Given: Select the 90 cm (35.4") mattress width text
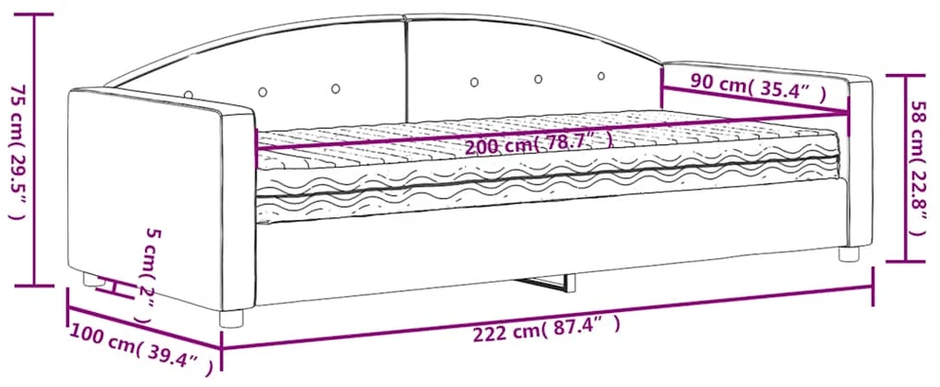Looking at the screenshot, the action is click(757, 87).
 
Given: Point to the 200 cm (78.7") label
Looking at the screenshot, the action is click(539, 143).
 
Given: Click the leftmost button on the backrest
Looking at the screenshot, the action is click(189, 95).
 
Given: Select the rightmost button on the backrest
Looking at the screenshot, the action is click(602, 76).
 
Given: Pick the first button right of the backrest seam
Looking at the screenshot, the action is click(474, 82).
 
